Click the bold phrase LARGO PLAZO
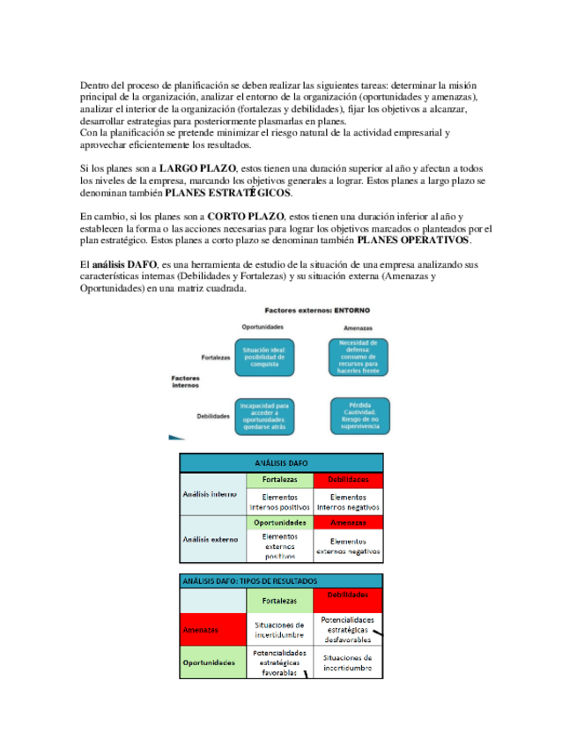(x=198, y=168)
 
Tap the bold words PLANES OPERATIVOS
(x=413, y=240)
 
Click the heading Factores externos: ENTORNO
(x=317, y=310)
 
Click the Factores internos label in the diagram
(x=185, y=381)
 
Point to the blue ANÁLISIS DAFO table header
(x=281, y=462)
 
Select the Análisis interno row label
(x=209, y=494)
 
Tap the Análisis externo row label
(x=209, y=539)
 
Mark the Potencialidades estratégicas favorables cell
(x=279, y=663)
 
